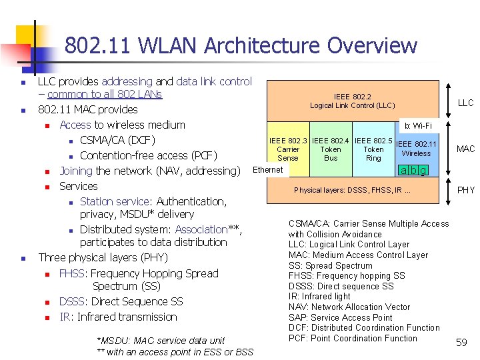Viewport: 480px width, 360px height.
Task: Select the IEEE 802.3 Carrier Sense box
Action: pyautogui.click(x=288, y=149)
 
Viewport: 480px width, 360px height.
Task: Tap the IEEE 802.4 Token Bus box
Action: pyautogui.click(x=331, y=149)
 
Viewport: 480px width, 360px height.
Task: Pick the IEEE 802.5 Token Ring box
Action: pyautogui.click(x=373, y=149)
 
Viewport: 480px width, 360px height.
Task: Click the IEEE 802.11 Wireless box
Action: pyautogui.click(x=417, y=149)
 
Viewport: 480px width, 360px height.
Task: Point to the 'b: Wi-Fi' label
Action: pyautogui.click(x=419, y=125)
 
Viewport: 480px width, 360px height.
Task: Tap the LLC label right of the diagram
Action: pyautogui.click(x=465, y=103)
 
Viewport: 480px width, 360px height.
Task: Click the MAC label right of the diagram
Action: pyautogui.click(x=465, y=149)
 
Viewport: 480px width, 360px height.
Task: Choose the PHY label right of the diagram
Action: pyautogui.click(x=465, y=190)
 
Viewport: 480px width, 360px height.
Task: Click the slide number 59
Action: pyautogui.click(x=461, y=343)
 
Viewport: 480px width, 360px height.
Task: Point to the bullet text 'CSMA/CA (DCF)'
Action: pyautogui.click(x=117, y=140)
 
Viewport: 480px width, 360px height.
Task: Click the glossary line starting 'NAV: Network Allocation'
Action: pyautogui.click(x=349, y=307)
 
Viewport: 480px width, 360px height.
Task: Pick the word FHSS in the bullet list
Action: pyautogui.click(x=72, y=273)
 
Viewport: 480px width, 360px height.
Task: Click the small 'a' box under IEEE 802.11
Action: pyautogui.click(x=403, y=171)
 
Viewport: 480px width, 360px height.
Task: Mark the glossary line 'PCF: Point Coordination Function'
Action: pyautogui.click(x=353, y=338)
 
